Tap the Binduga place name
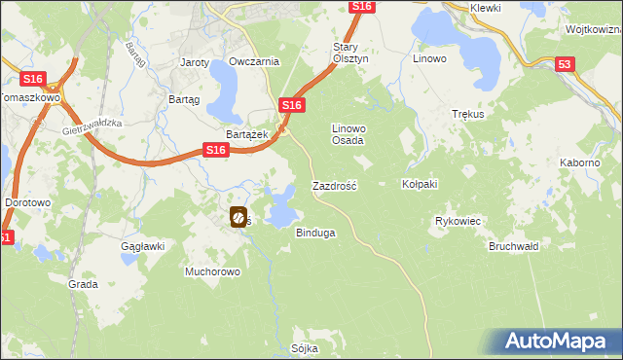314,234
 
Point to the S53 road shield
566,63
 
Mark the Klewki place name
484,8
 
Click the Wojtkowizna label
592,30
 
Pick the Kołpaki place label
421,184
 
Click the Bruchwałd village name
514,246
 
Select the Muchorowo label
212,271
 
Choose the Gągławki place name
141,247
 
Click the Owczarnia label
254,61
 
